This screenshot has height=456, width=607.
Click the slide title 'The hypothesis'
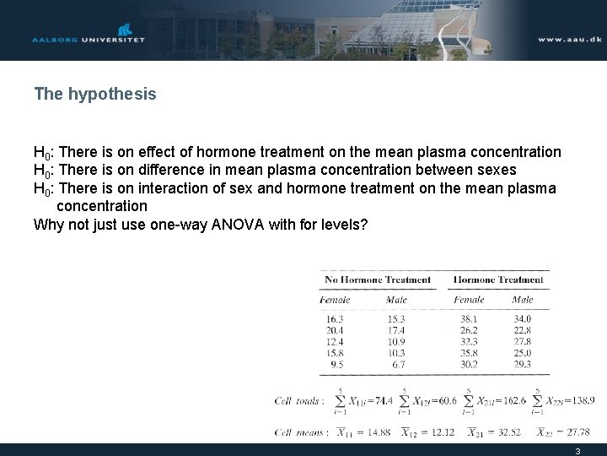point(95,94)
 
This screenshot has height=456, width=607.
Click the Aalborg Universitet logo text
point(88,40)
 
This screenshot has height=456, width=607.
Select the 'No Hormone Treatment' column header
point(378,280)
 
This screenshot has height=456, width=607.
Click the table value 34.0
point(523,319)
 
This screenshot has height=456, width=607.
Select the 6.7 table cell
point(398,365)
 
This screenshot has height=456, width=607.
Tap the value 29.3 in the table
point(523,365)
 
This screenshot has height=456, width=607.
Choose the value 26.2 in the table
point(469,330)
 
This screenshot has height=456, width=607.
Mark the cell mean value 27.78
point(577,432)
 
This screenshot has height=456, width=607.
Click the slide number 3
point(577,451)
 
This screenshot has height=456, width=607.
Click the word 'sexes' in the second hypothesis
point(497,170)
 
